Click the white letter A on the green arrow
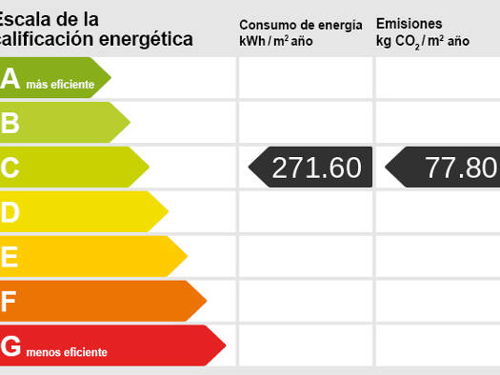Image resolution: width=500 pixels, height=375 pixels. (10, 78)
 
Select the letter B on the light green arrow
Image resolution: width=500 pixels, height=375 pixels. (10, 123)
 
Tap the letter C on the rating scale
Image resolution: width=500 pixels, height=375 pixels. (10, 168)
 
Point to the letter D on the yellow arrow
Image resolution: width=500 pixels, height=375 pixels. (10, 212)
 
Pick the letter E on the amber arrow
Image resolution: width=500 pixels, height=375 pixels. (10, 256)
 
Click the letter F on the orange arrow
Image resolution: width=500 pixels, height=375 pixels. (9, 301)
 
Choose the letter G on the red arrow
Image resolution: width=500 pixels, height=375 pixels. (10, 346)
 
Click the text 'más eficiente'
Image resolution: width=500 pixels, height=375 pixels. (60, 85)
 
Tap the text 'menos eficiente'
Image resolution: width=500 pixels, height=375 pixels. (67, 352)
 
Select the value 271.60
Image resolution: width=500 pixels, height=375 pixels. (316, 168)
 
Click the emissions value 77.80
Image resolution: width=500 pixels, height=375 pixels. (461, 168)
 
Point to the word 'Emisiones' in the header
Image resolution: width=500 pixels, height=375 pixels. (410, 24)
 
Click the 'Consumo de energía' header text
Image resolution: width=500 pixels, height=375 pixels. (301, 25)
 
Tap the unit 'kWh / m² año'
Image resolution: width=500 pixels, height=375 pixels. (276, 41)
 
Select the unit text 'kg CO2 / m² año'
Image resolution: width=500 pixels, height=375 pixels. (423, 42)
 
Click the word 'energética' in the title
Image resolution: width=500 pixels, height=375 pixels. (146, 39)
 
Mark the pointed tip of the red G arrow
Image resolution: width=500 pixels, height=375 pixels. (226, 345)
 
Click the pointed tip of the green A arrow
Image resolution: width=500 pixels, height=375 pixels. (111, 77)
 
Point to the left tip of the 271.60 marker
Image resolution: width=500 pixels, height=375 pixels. (249, 167)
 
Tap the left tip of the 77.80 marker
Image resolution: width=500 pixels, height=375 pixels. (385, 167)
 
